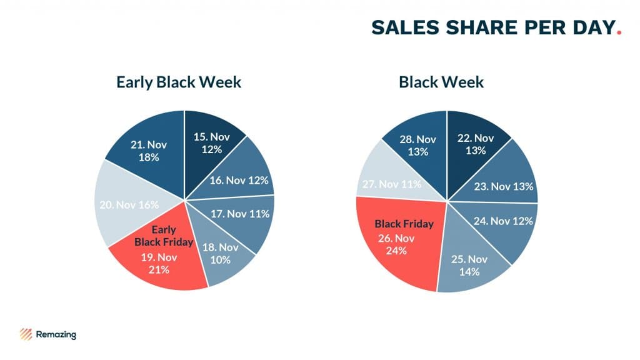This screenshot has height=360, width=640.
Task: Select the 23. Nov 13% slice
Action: [x=504, y=185]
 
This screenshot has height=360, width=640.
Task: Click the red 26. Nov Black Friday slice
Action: [x=397, y=241]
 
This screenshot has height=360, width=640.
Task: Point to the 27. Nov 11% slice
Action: [x=391, y=184]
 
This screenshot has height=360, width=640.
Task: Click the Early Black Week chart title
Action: [x=179, y=82]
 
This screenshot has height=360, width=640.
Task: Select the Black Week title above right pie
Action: [x=441, y=82]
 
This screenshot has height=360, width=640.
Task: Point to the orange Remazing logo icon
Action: [x=26, y=334]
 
